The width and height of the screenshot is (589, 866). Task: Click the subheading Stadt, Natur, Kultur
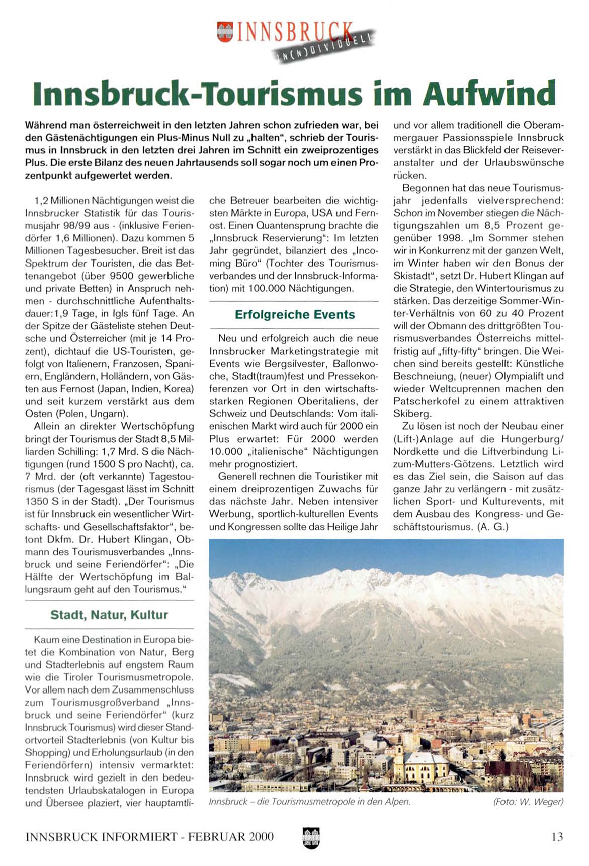point(109,615)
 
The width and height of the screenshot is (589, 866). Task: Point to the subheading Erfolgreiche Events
point(295,315)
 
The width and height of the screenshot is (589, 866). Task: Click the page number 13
point(557,837)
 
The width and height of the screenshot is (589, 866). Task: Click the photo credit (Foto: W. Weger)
point(529,802)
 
